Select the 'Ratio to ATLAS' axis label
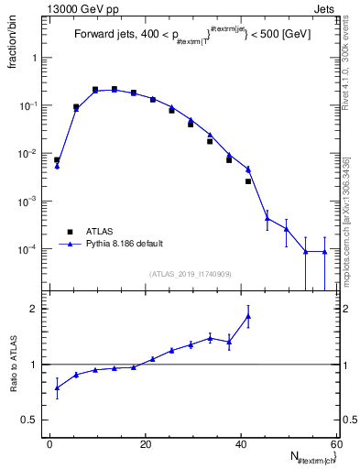pyautogui.click(x=13, y=390)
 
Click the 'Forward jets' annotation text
pyautogui.click(x=104, y=35)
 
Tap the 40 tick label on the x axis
pyautogui.click(x=241, y=444)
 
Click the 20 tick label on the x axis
pyautogui.click(x=146, y=444)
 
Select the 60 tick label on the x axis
pyautogui.click(x=335, y=444)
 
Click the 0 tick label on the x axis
pyautogui.click(x=50, y=444)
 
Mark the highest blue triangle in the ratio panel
pyautogui.click(x=248, y=317)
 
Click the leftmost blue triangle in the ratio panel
pyautogui.click(x=57, y=387)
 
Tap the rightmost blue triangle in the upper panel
pyautogui.click(x=324, y=252)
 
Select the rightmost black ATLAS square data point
pyautogui.click(x=248, y=181)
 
